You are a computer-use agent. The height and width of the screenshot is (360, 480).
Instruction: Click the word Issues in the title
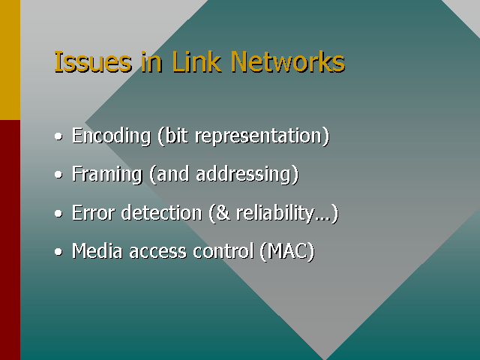tap(93, 62)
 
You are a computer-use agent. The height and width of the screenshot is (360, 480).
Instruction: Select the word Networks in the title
tap(288, 62)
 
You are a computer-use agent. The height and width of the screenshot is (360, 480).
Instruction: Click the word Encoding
tap(112, 136)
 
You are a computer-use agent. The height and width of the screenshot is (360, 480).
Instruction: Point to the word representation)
tap(262, 136)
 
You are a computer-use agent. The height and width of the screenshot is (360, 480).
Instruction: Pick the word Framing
tap(107, 175)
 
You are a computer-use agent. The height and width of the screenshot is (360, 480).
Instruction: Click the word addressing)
tap(247, 175)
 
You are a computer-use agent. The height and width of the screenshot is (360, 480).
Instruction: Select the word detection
tap(162, 212)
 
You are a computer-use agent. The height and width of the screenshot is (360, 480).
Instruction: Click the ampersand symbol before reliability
tap(223, 213)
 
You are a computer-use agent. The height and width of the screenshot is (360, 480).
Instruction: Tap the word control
tap(223, 251)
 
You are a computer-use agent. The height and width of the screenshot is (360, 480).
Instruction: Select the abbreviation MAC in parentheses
tap(286, 251)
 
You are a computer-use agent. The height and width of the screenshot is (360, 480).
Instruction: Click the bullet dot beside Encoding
tap(58, 136)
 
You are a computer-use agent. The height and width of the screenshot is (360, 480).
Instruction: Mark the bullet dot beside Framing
tap(58, 175)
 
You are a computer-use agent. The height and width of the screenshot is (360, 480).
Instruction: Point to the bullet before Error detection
tap(58, 213)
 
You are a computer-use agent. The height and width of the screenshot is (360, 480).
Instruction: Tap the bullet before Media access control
tap(58, 252)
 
